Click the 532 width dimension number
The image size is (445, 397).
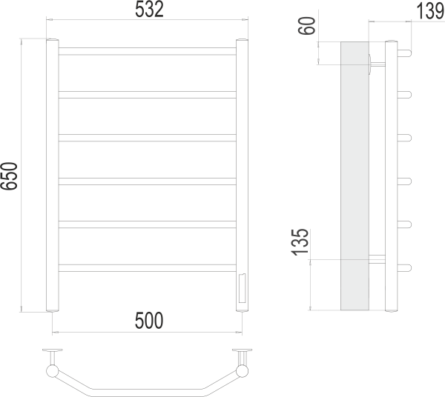(149, 10)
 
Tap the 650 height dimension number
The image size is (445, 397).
(9, 176)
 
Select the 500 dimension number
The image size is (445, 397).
(149, 321)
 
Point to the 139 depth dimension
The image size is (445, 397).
(430, 11)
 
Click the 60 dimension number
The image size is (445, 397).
(307, 26)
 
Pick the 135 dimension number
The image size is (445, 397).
(300, 242)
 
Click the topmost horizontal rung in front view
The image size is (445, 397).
(148, 51)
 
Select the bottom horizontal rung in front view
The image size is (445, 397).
(148, 268)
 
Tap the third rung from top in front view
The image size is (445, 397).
(148, 138)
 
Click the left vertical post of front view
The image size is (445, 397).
(53, 176)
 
